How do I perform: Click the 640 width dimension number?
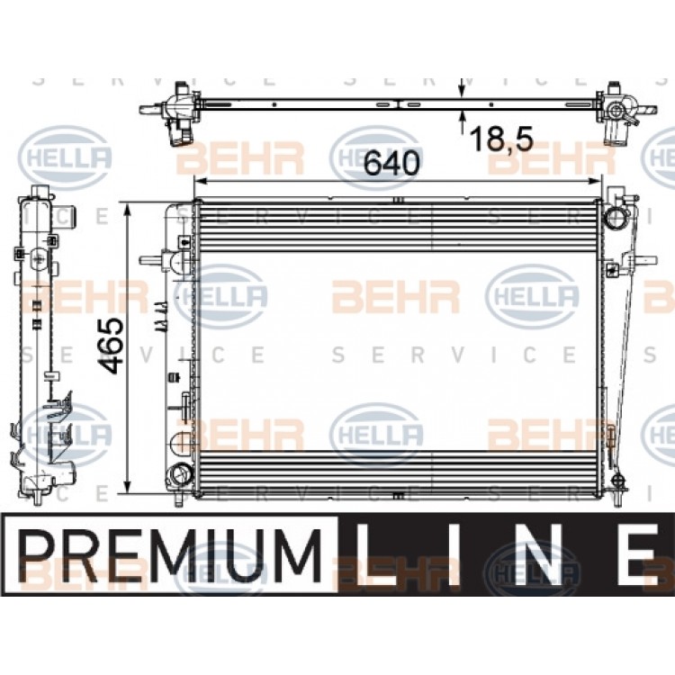(x=391, y=163)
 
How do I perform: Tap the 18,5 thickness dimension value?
(x=501, y=139)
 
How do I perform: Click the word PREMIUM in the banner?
(x=170, y=554)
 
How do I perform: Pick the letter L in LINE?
(x=370, y=555)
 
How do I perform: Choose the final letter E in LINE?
(x=638, y=555)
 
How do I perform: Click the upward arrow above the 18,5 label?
(x=463, y=121)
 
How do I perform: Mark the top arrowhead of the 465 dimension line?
(x=127, y=211)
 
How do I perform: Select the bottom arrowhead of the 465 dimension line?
(x=127, y=487)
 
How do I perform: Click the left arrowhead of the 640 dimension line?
(x=202, y=181)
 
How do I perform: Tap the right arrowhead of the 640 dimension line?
(x=593, y=181)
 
